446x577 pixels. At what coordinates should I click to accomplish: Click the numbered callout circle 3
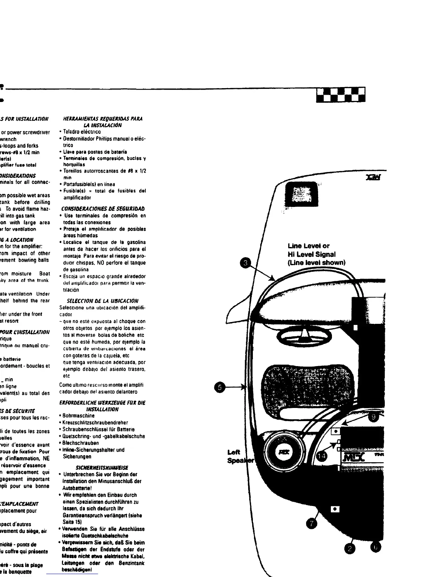pyautogui.click(x=247, y=263)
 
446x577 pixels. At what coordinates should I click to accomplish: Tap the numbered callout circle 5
pyautogui.click(x=219, y=387)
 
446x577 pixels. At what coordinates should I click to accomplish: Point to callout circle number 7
pyautogui.click(x=312, y=523)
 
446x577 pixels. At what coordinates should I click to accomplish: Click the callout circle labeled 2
pyautogui.click(x=350, y=549)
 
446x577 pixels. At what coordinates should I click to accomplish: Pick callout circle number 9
pyautogui.click(x=372, y=417)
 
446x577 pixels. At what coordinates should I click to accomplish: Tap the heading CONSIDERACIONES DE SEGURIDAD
pyautogui.click(x=103, y=209)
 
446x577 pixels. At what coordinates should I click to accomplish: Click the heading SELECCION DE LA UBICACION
pyautogui.click(x=102, y=301)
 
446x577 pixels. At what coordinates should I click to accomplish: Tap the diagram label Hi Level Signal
pyautogui.click(x=312, y=254)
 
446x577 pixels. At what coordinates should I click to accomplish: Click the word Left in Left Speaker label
pyautogui.click(x=234, y=452)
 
